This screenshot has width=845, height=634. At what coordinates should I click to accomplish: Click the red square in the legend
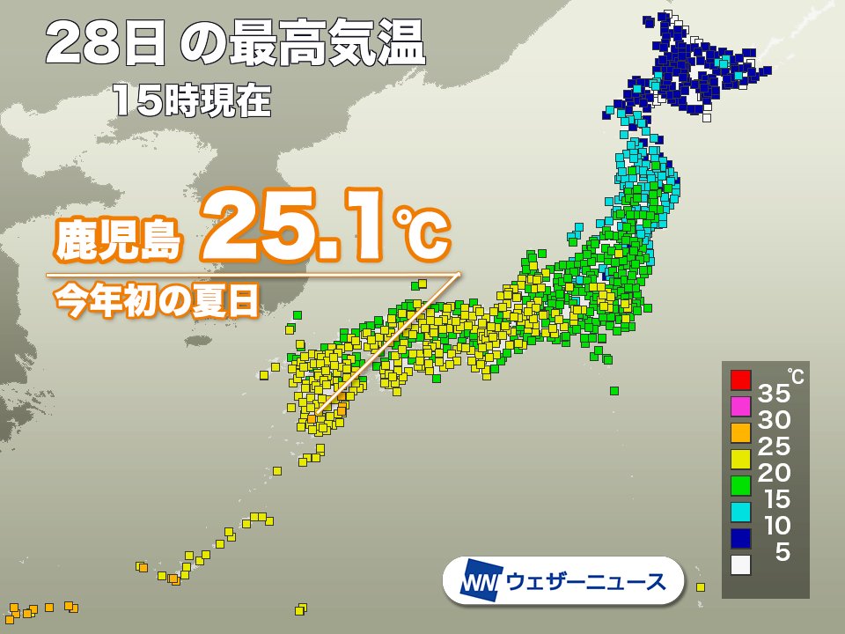coord(740,380)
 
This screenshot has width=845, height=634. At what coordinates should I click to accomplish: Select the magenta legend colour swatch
coord(740,406)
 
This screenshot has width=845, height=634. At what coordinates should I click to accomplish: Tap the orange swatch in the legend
coord(740,432)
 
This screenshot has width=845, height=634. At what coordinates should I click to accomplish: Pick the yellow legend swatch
coord(740,459)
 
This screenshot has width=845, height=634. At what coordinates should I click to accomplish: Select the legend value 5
coord(781,552)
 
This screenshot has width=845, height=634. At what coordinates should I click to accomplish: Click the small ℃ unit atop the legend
coord(795,377)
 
